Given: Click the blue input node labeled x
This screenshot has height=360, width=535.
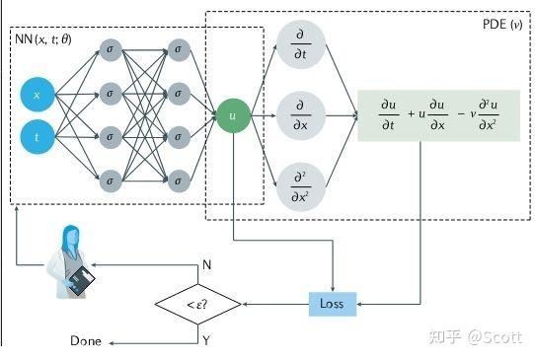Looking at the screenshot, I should pos(38,96).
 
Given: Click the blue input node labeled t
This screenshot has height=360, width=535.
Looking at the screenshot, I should pos(38,138).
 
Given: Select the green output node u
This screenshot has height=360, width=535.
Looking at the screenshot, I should pos(232,115).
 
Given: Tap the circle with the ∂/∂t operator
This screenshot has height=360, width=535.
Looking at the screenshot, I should pos(301,44).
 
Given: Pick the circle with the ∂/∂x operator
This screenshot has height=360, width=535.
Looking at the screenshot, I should pos(301,116).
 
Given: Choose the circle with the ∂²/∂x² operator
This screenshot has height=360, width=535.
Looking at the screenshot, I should pos(301,184).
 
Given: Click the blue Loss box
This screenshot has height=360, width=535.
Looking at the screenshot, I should pos(332,303).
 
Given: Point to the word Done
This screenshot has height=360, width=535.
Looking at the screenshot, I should pos(86,341).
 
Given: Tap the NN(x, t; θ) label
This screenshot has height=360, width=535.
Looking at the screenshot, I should pos(49,40).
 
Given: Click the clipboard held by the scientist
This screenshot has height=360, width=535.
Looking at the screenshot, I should pos(82,282).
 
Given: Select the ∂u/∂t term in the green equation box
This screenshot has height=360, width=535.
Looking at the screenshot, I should pos(389,115).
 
